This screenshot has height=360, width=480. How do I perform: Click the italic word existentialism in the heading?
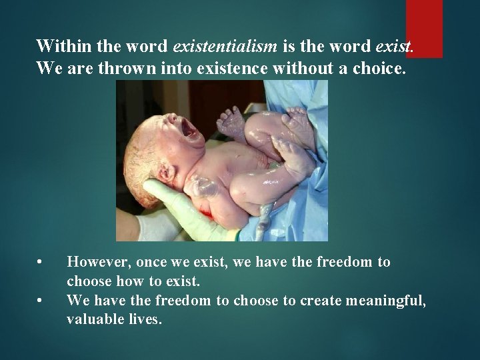click(x=225, y=46)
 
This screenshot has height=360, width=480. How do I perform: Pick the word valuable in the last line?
click(x=93, y=319)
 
